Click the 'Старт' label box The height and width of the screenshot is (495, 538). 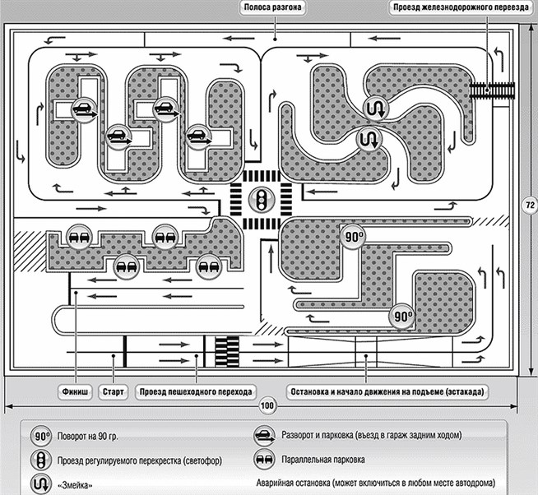(114, 391)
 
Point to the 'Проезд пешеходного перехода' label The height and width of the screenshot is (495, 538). (195, 391)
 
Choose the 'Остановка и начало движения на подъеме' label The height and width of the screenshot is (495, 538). (385, 391)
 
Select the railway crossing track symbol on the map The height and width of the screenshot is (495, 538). (491, 90)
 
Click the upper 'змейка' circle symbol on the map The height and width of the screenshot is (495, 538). (375, 108)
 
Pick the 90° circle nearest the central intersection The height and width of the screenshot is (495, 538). (354, 238)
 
